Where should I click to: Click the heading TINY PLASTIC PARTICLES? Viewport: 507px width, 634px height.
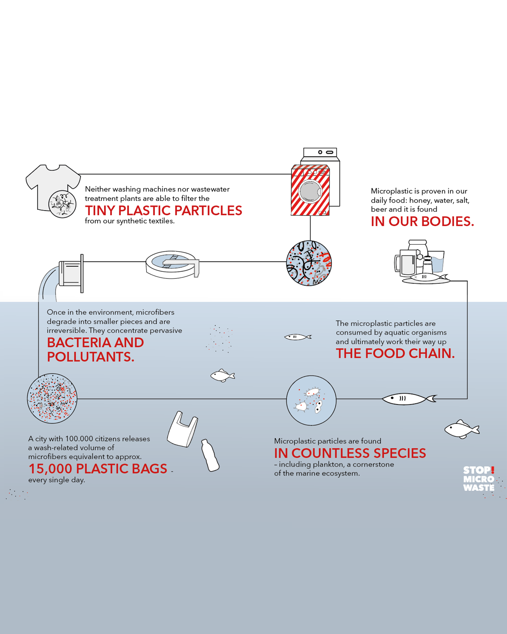[163, 211]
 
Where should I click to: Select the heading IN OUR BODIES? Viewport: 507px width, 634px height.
[422, 222]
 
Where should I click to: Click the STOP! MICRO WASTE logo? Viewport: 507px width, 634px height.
[479, 479]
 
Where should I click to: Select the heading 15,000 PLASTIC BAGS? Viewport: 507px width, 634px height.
[98, 469]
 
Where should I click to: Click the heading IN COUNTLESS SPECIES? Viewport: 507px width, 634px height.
[350, 453]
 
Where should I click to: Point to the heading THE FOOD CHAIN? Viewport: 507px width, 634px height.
[395, 353]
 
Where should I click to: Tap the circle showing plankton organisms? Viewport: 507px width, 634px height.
[311, 400]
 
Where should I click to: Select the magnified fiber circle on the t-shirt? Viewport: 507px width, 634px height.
[62, 204]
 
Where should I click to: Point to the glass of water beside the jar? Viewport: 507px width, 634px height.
[436, 261]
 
